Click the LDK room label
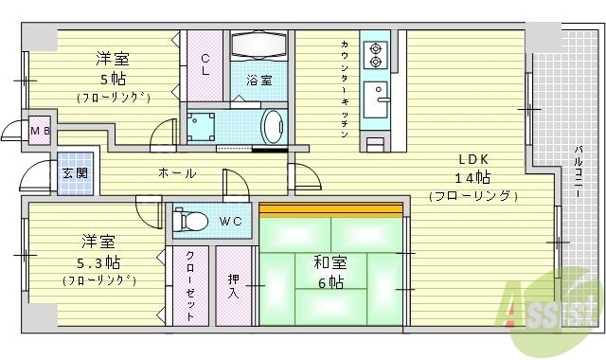click(x=473, y=159)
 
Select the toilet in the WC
click(x=193, y=222)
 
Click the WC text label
click(x=230, y=222)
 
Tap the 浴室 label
click(x=258, y=81)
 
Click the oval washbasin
click(x=273, y=124)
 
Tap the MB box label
click(x=40, y=130)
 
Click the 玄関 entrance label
click(x=75, y=173)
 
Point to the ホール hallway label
click(x=177, y=173)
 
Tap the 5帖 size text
click(x=113, y=78)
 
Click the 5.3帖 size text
click(x=99, y=261)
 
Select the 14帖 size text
click(x=473, y=177)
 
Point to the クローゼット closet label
click(x=190, y=284)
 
